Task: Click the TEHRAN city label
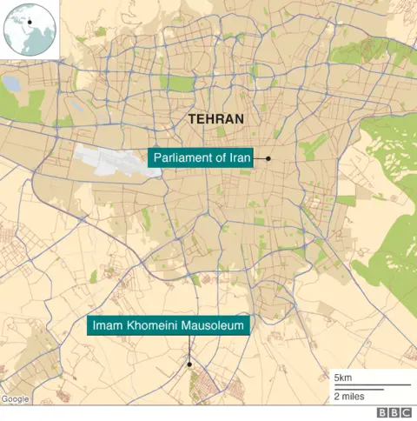(x=215, y=119)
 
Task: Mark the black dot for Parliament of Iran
(x=268, y=158)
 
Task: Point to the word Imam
(x=109, y=327)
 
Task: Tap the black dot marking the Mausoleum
(x=189, y=364)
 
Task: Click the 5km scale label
(x=343, y=378)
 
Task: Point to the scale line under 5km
(x=371, y=385)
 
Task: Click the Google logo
(x=15, y=399)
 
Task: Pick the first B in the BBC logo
(x=381, y=412)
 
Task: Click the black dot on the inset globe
(x=29, y=22)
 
